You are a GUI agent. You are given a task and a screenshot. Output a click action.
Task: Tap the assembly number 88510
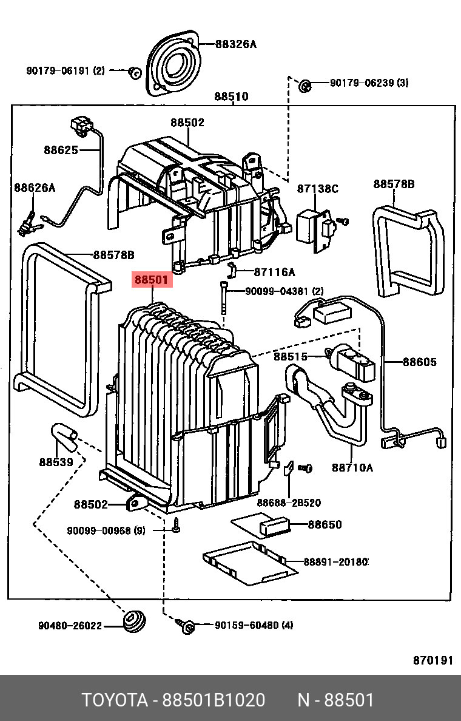pyautogui.click(x=231, y=96)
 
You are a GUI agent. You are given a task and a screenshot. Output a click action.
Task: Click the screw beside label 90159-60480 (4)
pyautogui.click(x=187, y=625)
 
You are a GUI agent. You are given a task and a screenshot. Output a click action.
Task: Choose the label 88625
pyautogui.click(x=61, y=149)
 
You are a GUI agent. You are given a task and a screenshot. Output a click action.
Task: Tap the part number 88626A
pyautogui.click(x=35, y=188)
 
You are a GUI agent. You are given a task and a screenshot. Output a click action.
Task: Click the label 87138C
pyautogui.click(x=317, y=189)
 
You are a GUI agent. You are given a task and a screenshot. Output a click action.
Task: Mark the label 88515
pyautogui.click(x=291, y=357)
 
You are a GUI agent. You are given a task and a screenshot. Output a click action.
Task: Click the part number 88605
pyautogui.click(x=419, y=362)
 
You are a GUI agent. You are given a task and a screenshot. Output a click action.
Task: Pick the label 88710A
pyautogui.click(x=352, y=467)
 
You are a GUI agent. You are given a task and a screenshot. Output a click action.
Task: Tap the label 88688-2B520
pyautogui.click(x=288, y=503)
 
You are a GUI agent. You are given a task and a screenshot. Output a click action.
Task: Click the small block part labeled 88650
pyautogui.click(x=276, y=526)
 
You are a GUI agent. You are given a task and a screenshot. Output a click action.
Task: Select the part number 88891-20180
pyautogui.click(x=335, y=562)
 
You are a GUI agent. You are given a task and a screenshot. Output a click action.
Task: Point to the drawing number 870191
pyautogui.click(x=433, y=660)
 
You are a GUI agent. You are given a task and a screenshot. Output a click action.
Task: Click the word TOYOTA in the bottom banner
pyautogui.click(x=115, y=700)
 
